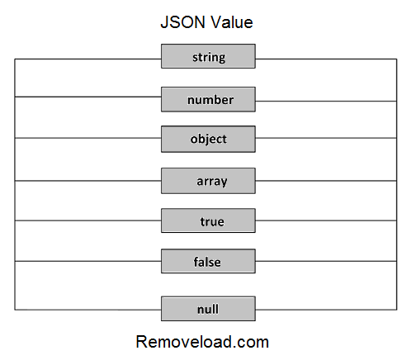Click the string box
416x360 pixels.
(x=208, y=57)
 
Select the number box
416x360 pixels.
(x=208, y=100)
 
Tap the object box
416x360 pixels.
(x=208, y=139)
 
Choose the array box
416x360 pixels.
(x=208, y=180)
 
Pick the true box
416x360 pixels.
(x=208, y=221)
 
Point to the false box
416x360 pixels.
(x=208, y=263)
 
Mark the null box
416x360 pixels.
(x=208, y=310)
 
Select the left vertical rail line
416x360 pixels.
(x=15, y=182)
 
